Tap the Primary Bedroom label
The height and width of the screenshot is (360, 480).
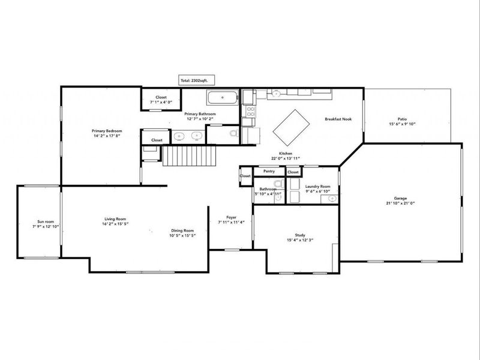coord(107,131)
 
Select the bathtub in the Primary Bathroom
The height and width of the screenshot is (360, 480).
coord(223,98)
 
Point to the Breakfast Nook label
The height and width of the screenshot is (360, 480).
coord(338,119)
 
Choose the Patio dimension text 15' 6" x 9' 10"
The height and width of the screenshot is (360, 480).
coord(403,124)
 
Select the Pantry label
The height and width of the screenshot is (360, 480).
coord(269,171)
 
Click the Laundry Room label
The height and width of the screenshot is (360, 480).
coord(317,187)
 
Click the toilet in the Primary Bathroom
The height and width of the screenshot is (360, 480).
coord(234,136)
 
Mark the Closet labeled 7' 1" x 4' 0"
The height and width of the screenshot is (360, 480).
coord(161,103)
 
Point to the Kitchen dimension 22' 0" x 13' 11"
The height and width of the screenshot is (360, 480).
coord(285,158)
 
